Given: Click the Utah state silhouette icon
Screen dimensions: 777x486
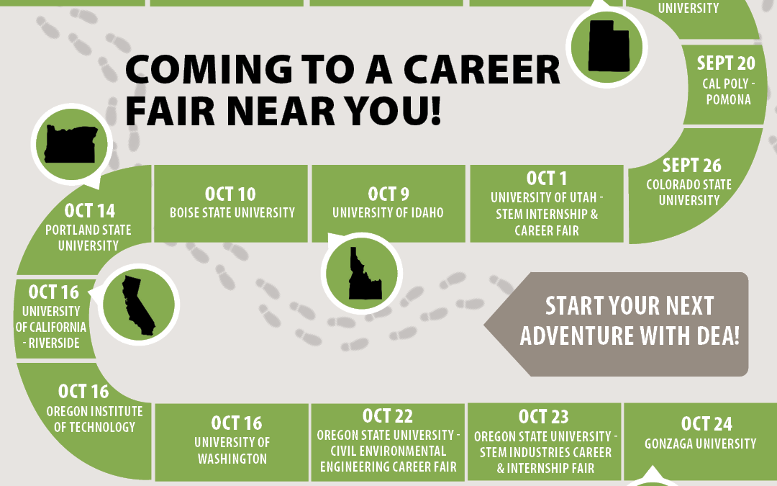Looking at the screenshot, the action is point(609,46).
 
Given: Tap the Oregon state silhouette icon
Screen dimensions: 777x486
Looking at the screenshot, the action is point(71,144).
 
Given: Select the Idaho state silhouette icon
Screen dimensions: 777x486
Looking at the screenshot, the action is point(364,273).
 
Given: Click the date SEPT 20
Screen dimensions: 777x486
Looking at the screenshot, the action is point(726,63).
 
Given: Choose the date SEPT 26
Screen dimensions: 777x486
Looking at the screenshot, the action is point(692,165).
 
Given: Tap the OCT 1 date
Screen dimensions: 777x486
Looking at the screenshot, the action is point(547,178).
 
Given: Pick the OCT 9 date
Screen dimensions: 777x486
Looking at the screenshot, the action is point(388,194).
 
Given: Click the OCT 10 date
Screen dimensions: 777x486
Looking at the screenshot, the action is point(230,194).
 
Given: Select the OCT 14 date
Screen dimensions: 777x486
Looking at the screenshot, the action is point(90,211).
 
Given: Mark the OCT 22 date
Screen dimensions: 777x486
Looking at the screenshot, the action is point(388,415).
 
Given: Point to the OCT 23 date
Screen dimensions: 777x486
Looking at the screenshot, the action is point(544,417).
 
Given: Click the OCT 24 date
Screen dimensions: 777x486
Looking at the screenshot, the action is point(706,424).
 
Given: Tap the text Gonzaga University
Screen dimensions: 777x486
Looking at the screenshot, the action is point(701,444).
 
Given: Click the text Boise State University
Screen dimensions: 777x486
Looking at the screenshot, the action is point(232,212).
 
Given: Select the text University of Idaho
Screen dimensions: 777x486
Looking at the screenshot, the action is point(388,212).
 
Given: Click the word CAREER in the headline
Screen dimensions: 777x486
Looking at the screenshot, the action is point(481,69).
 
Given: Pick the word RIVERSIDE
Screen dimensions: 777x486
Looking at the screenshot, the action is point(54,343).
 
